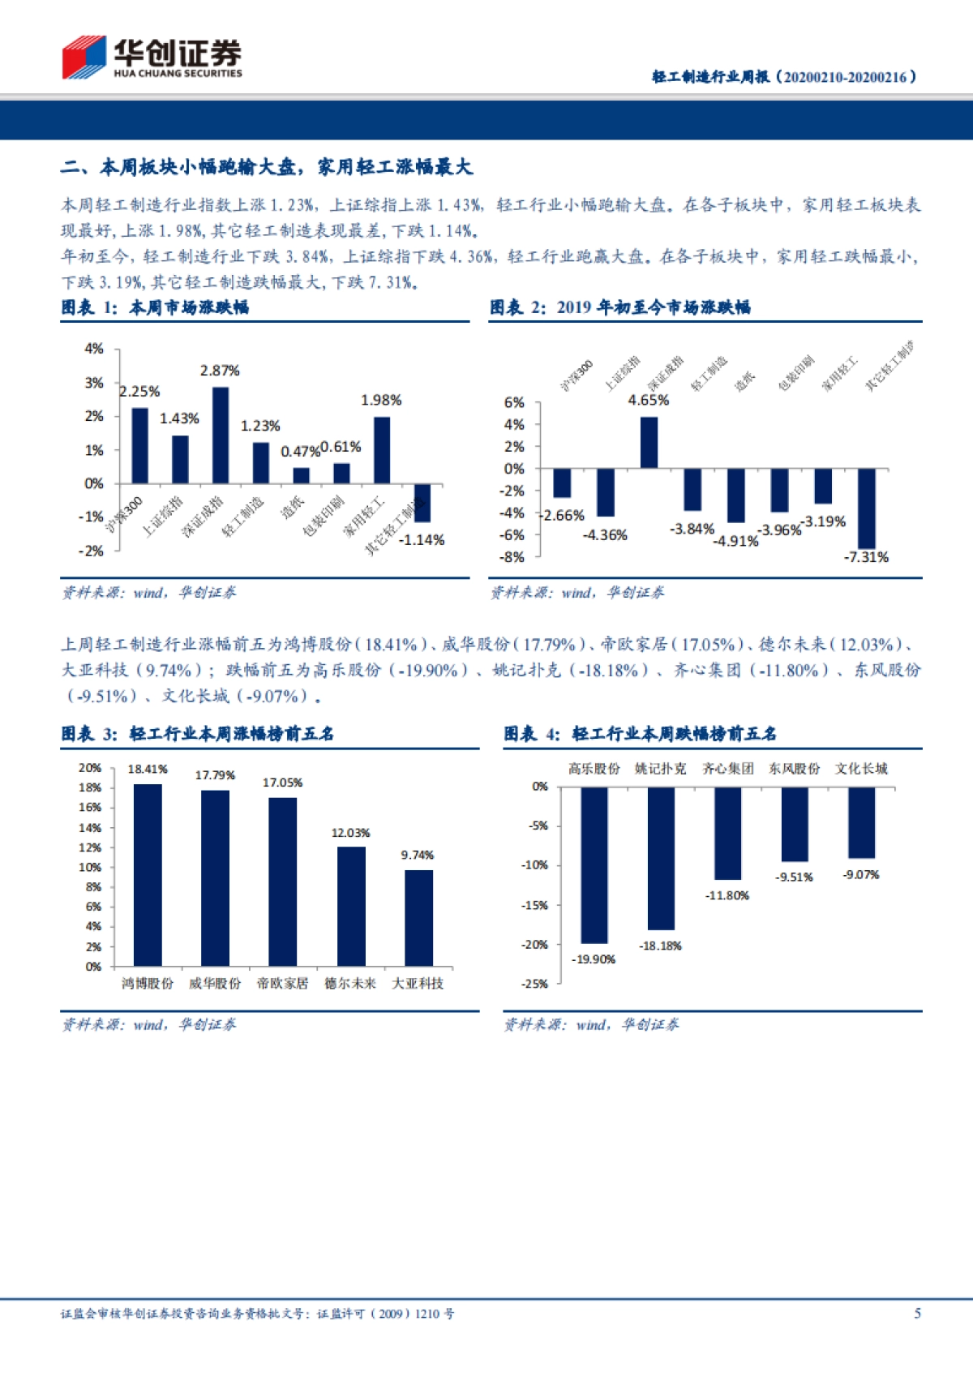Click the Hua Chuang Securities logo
(152, 57)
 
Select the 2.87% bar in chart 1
(221, 435)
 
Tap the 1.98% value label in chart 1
(381, 401)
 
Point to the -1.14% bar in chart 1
(422, 503)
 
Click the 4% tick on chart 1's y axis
(94, 349)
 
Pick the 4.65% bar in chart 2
(649, 443)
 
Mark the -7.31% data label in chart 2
(866, 557)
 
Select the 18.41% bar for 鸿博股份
(148, 875)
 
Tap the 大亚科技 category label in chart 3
(418, 984)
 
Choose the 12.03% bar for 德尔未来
(351, 907)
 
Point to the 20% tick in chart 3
(90, 768)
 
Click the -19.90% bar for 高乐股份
(594, 865)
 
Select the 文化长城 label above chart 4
(861, 769)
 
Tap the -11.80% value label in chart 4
(727, 895)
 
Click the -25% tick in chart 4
(535, 984)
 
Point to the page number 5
(917, 1313)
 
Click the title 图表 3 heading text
(198, 734)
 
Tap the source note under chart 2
(577, 593)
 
